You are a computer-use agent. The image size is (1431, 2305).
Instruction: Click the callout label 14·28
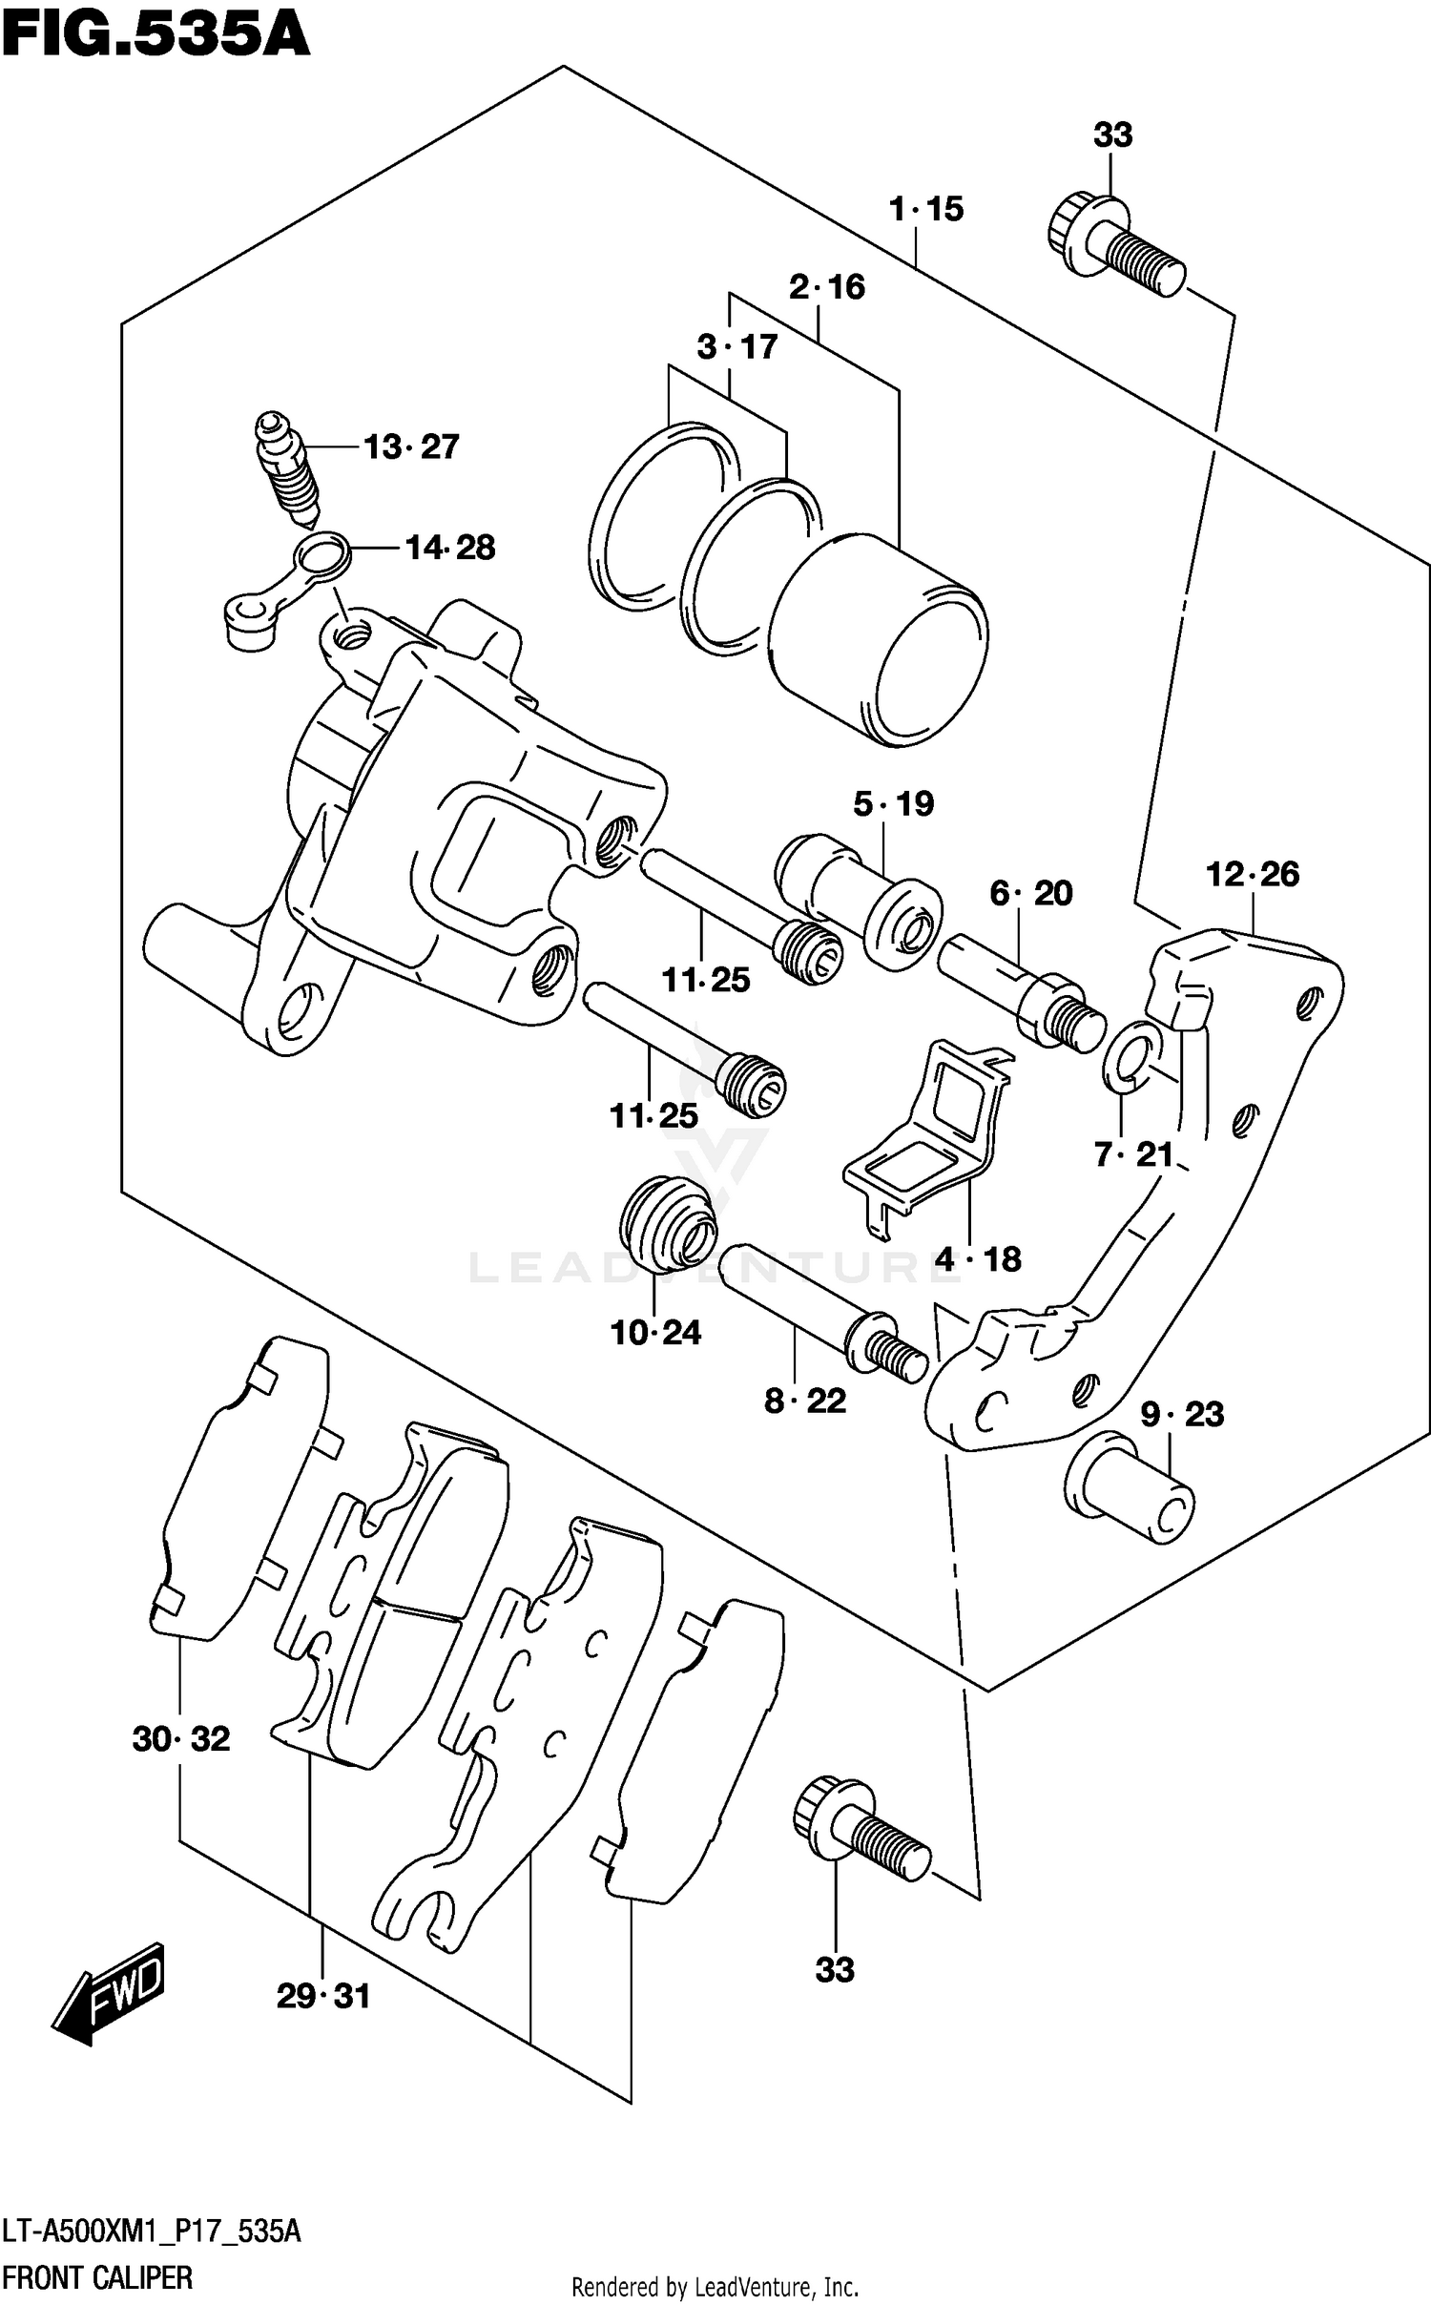449,548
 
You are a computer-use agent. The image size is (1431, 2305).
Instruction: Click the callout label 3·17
736,347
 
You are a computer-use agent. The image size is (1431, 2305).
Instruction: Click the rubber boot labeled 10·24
667,1224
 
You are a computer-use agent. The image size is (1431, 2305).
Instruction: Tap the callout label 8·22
805,1401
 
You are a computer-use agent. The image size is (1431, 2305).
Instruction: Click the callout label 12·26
1252,874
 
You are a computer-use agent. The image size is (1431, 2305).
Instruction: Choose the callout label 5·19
893,803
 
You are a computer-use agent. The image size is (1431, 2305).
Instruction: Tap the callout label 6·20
1030,893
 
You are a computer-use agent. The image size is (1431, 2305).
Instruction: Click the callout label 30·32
181,1739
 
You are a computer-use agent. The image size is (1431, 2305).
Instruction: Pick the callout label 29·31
322,1996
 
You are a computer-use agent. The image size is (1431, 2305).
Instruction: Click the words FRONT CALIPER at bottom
97,2277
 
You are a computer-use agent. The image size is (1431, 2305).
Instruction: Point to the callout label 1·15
925,209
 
